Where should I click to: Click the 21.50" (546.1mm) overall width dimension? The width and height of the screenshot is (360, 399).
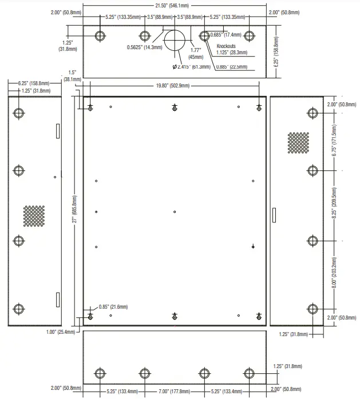coord(175,5)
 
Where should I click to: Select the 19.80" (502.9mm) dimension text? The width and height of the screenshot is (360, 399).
coord(174,86)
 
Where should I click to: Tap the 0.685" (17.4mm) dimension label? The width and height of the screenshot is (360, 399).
coord(226,35)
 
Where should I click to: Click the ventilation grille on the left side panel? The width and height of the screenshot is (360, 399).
coord(34,215)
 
